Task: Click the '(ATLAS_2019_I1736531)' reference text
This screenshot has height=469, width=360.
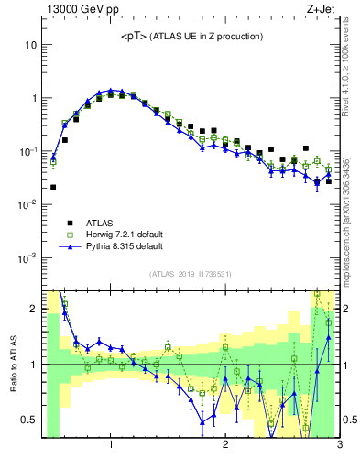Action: point(191,274)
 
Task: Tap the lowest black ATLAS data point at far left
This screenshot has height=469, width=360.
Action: point(53,187)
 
